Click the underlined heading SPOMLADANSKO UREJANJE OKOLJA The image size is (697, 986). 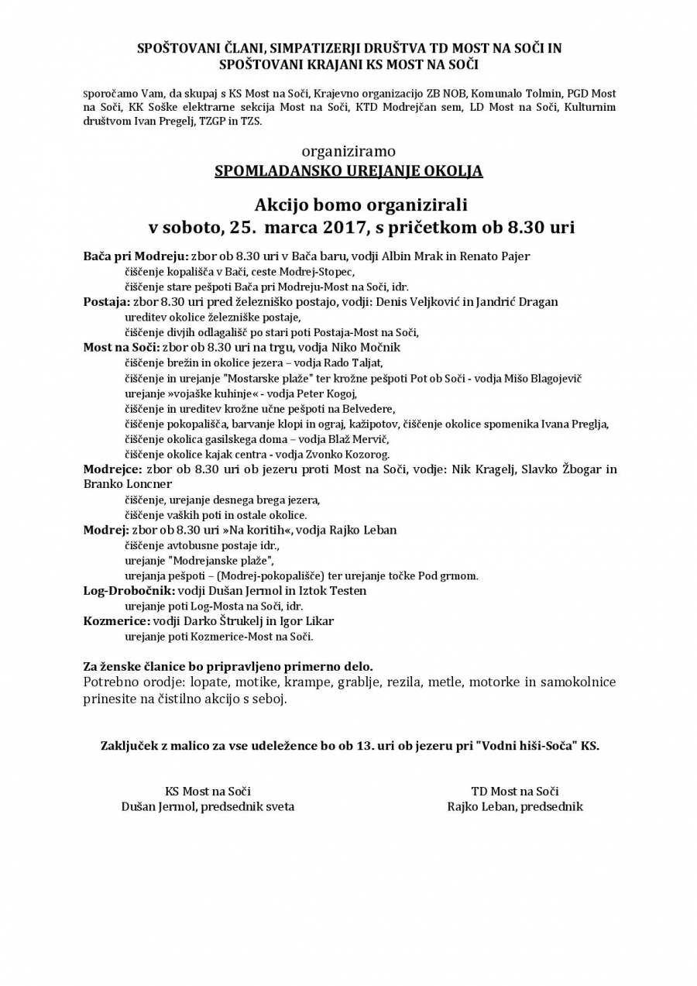click(x=348, y=171)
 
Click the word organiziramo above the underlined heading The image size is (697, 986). click(x=348, y=151)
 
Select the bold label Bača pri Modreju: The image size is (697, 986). click(x=136, y=256)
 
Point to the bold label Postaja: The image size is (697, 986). click(x=107, y=302)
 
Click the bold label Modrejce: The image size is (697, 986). click(x=112, y=469)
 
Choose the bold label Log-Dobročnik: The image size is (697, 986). click(x=129, y=591)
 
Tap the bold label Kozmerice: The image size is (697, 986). click(x=117, y=621)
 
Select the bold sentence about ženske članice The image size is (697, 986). click(x=228, y=666)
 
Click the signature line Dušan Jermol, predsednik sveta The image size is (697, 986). click(x=208, y=807)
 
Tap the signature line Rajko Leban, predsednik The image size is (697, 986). click(x=515, y=807)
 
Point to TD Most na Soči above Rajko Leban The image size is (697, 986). click(x=515, y=792)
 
